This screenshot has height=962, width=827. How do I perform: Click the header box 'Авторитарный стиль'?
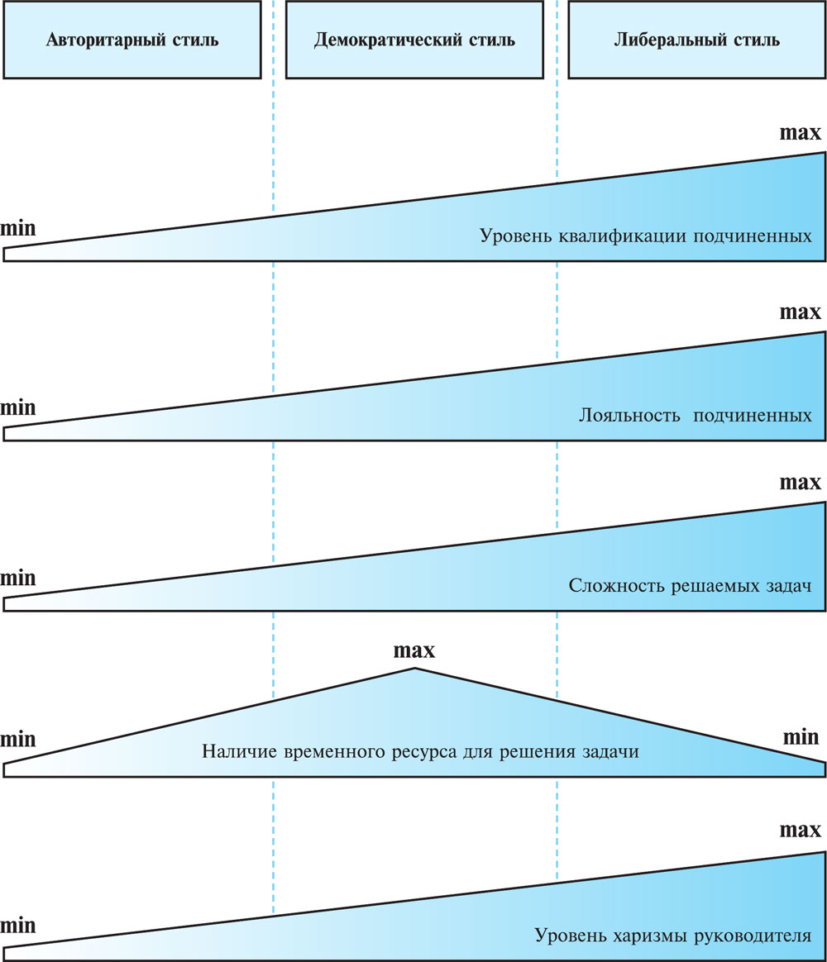coord(132,40)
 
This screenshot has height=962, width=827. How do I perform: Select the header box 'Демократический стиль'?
coord(414,40)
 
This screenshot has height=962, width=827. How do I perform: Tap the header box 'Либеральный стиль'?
coord(696,40)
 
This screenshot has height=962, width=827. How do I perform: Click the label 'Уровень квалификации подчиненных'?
coord(645,236)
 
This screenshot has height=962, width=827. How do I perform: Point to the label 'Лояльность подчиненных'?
coord(695,414)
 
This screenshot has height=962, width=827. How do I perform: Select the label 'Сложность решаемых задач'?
coord(690,585)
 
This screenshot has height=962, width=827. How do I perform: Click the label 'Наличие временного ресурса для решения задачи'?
coord(421,753)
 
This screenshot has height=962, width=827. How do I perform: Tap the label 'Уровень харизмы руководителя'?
coord(673,936)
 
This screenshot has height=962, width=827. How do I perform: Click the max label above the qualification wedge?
coord(801,133)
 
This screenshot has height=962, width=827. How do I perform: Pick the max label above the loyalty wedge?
coord(801,312)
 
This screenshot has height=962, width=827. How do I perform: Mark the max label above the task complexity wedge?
coord(801,482)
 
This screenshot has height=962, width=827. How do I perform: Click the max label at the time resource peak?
coord(413,650)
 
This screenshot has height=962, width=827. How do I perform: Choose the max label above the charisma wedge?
coord(801,829)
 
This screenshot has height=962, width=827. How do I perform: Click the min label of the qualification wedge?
coord(18,228)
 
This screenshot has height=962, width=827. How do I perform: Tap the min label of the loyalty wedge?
coord(18,407)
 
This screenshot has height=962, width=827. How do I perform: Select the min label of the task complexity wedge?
coord(18,578)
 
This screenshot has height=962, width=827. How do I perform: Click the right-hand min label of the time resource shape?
coord(801,736)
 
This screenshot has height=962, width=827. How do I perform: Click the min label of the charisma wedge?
coord(18,925)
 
